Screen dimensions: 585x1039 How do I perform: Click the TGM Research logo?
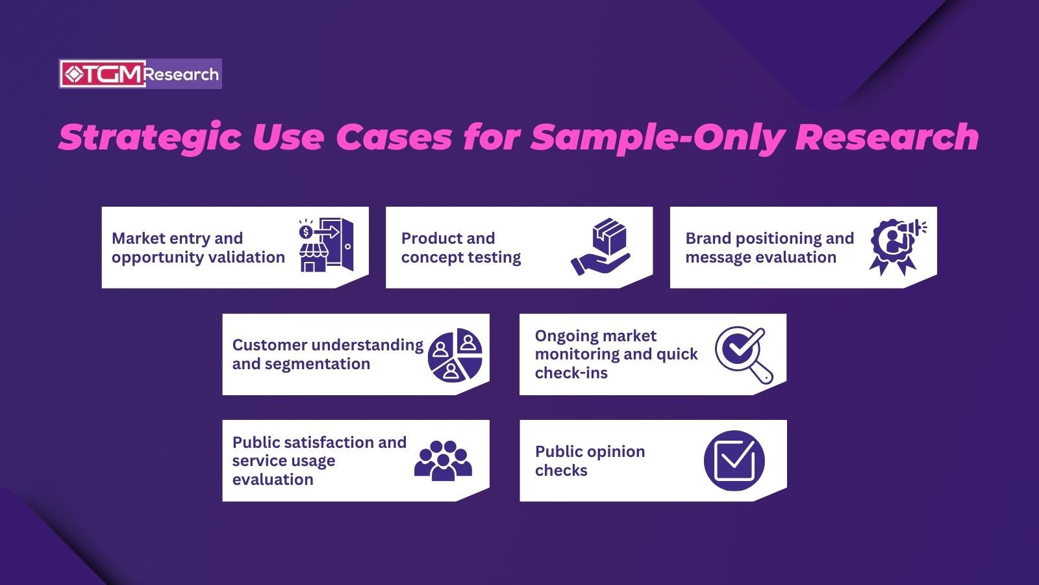[x=140, y=74]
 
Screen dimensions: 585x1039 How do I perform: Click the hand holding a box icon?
[x=601, y=246]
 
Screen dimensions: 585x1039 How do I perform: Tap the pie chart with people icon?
[x=455, y=355]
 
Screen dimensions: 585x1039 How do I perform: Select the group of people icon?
[x=443, y=461]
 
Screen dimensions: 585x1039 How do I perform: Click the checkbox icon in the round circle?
[x=734, y=461]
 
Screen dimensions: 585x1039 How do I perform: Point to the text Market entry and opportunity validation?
[x=198, y=248]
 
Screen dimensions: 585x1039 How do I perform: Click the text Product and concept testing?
[x=460, y=248]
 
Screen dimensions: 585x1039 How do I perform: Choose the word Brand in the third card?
[x=708, y=239]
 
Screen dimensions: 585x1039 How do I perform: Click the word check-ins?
[x=571, y=373]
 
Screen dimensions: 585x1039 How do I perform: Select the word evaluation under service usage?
[x=273, y=480]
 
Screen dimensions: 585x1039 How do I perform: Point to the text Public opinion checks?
[x=590, y=461]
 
